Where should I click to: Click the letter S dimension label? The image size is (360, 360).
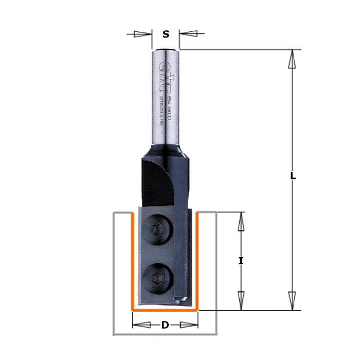(166, 34)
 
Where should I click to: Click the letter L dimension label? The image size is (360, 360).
(293, 175)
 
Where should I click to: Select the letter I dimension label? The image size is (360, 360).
(240, 261)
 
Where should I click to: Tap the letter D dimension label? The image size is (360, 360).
(165, 325)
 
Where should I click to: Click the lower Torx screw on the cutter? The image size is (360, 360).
(156, 278)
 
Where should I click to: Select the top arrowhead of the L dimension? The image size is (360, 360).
(292, 59)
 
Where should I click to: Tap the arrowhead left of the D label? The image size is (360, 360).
(144, 325)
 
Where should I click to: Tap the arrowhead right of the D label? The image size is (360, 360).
(187, 325)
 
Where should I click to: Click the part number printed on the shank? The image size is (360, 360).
(170, 108)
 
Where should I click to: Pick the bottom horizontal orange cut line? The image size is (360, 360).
(165, 311)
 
